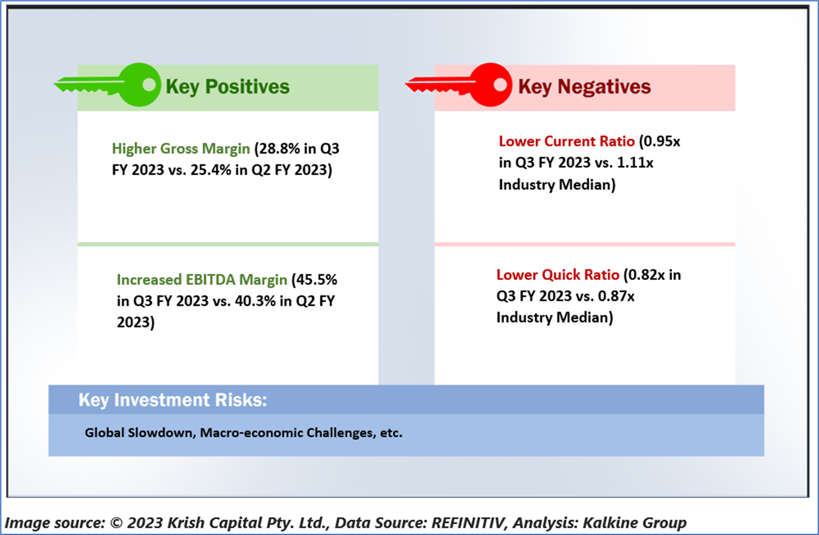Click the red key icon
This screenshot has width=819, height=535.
click(x=460, y=85)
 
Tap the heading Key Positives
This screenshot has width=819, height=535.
click(x=227, y=87)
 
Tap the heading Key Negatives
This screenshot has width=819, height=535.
click(x=584, y=87)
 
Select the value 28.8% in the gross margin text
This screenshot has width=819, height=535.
click(x=279, y=149)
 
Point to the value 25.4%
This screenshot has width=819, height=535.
click(x=211, y=170)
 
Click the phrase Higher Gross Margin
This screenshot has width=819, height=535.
click(x=181, y=149)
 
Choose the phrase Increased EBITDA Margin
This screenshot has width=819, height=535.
click(x=202, y=280)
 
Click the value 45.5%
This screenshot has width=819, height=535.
click(x=316, y=280)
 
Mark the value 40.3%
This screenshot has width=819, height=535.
click(x=255, y=301)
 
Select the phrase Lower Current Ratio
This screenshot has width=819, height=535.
click(x=567, y=141)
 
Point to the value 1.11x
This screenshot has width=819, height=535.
click(x=635, y=163)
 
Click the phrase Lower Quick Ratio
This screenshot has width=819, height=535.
click(x=558, y=275)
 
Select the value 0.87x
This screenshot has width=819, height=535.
click(x=616, y=296)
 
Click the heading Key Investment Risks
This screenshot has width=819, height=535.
click(x=173, y=400)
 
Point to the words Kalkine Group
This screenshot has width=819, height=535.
click(x=635, y=522)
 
